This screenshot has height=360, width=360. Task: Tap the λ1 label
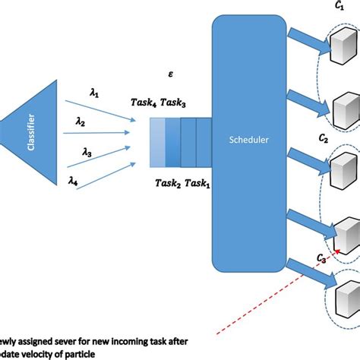pos(94,93)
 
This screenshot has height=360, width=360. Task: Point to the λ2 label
pos(81,121)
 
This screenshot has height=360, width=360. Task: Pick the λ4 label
pos(73,180)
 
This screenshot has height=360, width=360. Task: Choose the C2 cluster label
pos(324,138)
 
